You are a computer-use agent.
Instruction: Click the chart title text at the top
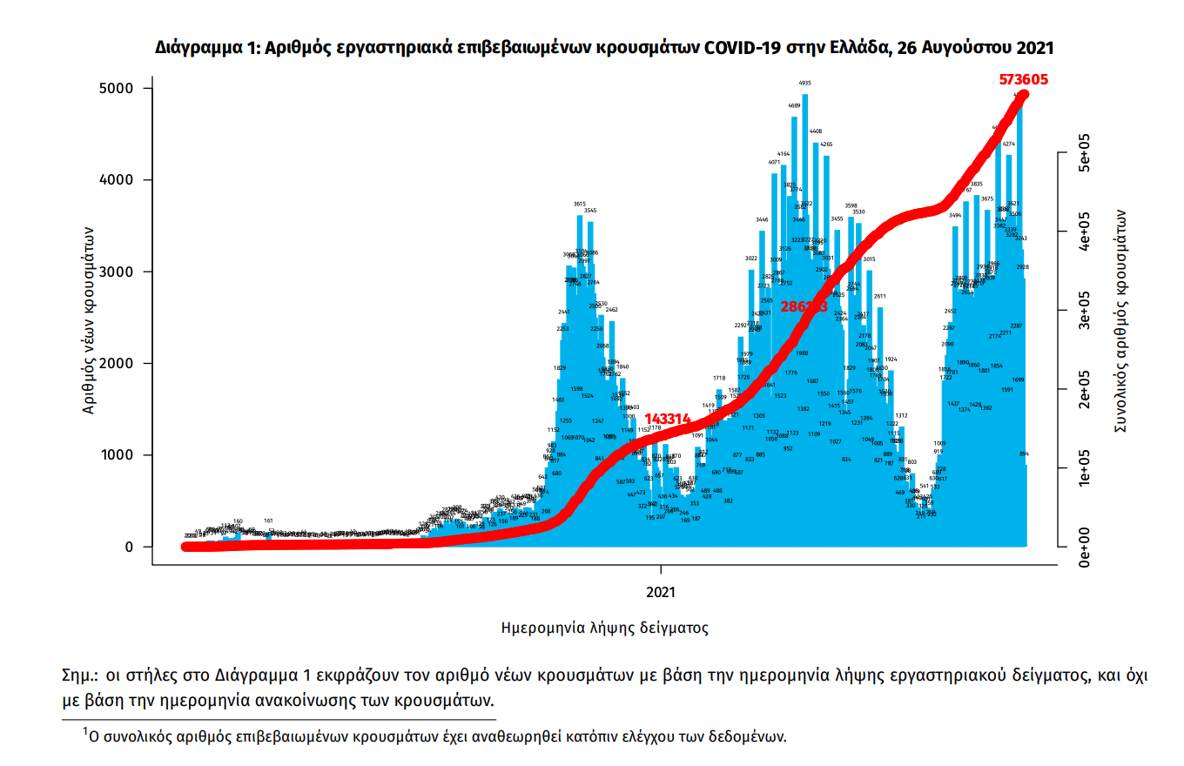tap(610, 47)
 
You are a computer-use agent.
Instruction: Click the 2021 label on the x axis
tap(662, 594)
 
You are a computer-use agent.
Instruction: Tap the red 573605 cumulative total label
tap(1023, 79)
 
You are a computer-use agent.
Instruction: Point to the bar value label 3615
tap(580, 204)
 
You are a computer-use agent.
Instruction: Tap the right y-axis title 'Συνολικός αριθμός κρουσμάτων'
tap(1123, 320)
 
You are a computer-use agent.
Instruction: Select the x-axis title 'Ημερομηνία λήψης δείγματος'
tap(605, 627)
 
